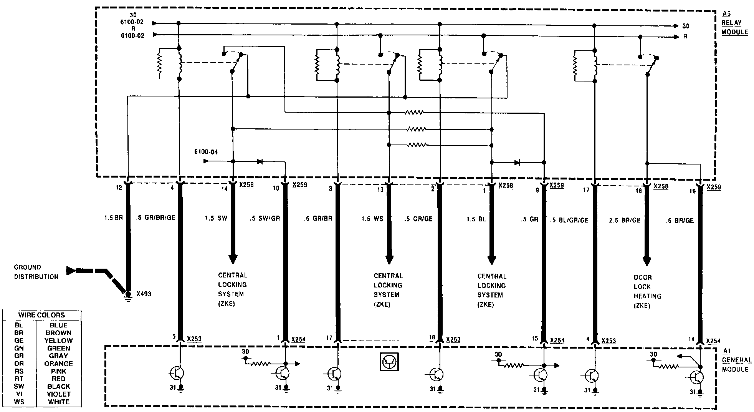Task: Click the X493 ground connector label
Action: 144,294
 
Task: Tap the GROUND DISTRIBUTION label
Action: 36,272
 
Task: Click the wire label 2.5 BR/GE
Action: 625,221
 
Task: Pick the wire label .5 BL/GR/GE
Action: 569,220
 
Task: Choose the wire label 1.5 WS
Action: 372,219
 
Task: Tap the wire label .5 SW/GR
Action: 265,218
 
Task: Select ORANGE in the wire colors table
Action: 58,364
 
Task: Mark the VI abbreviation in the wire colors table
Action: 19,394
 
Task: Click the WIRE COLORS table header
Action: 42,315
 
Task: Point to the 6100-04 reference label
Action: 206,152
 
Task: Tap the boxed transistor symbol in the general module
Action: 389,362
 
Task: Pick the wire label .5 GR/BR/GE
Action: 155,218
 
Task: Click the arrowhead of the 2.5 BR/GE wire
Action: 647,261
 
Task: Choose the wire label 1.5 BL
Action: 476,219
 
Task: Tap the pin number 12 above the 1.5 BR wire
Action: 119,188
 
